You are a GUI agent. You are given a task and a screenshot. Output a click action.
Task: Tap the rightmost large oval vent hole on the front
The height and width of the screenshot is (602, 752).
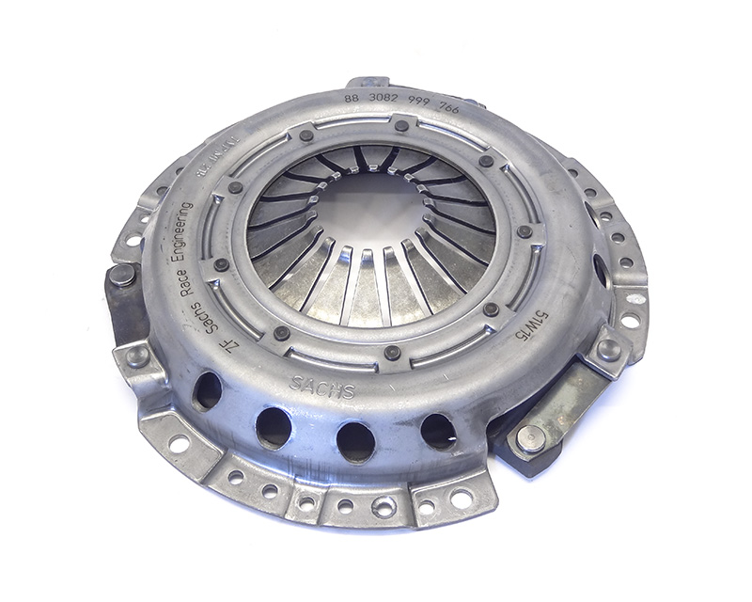pos(438,431)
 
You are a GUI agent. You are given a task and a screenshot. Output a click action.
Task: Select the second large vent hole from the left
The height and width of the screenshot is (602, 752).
pos(274,427)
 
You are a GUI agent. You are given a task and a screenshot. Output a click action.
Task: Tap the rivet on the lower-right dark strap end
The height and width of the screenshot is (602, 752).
pos(529,438)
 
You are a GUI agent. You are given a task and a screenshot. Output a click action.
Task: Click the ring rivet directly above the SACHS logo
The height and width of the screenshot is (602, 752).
pos(393,353)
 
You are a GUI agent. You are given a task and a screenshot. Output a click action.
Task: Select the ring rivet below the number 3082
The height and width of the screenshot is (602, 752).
pos(401,126)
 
